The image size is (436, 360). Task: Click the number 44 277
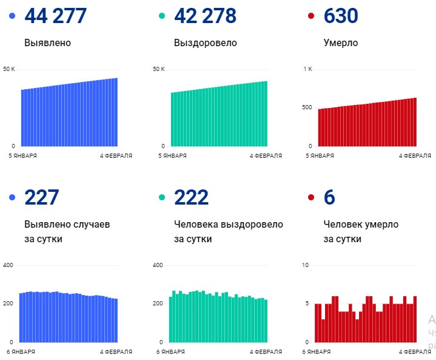pyautogui.click(x=55, y=16)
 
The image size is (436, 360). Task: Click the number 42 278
pyautogui.click(x=205, y=16)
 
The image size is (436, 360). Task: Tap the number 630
pyautogui.click(x=341, y=16)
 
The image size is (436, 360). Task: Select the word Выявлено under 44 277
pyautogui.click(x=47, y=43)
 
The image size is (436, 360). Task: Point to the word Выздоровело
pyautogui.click(x=205, y=43)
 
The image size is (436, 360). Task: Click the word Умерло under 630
pyautogui.click(x=341, y=43)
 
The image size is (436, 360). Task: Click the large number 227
pyautogui.click(x=41, y=198)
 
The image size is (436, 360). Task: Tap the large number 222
pyautogui.click(x=191, y=198)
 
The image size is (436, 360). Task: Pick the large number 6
pyautogui.click(x=329, y=198)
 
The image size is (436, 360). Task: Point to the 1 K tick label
pyautogui.click(x=307, y=69)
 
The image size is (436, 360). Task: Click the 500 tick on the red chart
pyautogui.click(x=307, y=108)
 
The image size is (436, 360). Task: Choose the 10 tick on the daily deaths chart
pyautogui.click(x=306, y=265)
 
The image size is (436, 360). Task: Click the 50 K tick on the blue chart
pyautogui.click(x=8, y=69)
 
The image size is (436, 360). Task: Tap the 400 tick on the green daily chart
pyautogui.click(x=158, y=265)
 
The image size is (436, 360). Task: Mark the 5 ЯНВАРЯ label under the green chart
pyautogui.click(x=172, y=156)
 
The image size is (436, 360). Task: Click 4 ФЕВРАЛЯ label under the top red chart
pyautogui.click(x=415, y=156)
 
